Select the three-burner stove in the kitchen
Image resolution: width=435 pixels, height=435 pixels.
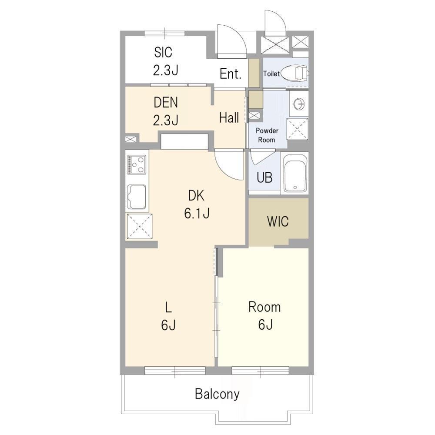(x=136, y=164)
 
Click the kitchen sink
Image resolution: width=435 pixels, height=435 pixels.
(x=137, y=197)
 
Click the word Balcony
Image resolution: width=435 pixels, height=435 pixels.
(x=217, y=394)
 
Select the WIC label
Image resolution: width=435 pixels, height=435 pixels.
(x=278, y=221)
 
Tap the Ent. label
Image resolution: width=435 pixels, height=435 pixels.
(x=230, y=74)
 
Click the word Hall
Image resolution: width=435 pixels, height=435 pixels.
(x=229, y=118)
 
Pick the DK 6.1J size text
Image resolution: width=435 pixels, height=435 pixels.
(x=197, y=214)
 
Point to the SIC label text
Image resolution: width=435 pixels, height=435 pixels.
(x=163, y=52)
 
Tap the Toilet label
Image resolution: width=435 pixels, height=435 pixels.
(x=271, y=74)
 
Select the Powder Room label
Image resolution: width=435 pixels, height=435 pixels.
(x=267, y=135)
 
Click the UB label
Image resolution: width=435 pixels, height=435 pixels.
(x=264, y=177)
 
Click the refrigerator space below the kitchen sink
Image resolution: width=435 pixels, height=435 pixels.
(x=140, y=226)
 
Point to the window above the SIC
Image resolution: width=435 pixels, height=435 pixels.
(x=164, y=33)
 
